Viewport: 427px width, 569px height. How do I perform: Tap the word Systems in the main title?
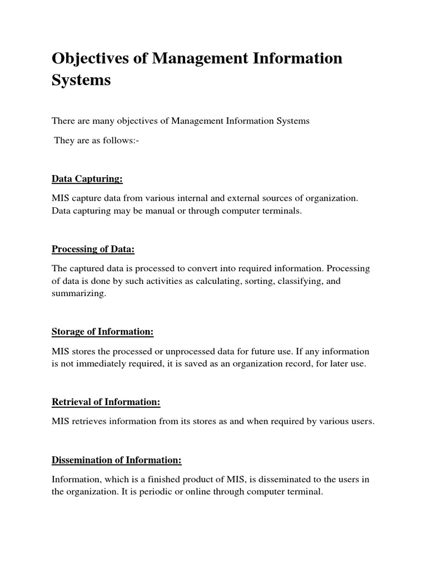pyautogui.click(x=81, y=80)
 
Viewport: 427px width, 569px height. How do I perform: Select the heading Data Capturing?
pyautogui.click(x=87, y=179)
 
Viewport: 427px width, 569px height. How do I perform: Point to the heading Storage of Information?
pyautogui.click(x=102, y=332)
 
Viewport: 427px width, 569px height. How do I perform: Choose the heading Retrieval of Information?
pyautogui.click(x=106, y=401)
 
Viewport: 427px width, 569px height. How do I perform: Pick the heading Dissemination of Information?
pyautogui.click(x=117, y=460)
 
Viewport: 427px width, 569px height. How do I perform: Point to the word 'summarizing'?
pyautogui.click(x=78, y=295)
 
